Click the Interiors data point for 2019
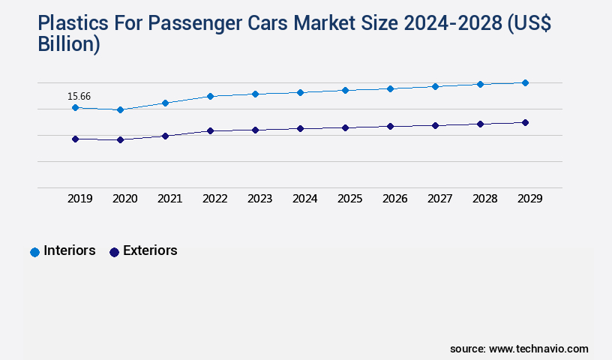pos(75,108)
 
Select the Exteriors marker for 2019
pos(75,139)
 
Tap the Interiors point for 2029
pos(525,82)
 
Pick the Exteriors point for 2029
pos(525,122)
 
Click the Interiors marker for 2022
pos(210,96)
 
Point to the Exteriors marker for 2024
pos(300,128)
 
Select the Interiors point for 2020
pos(120,110)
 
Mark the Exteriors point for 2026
pos(390,126)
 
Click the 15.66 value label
pos(79,96)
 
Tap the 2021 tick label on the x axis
pos(169,199)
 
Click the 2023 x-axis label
pos(259,199)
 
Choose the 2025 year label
pos(349,199)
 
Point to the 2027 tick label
pos(439,199)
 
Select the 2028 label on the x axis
pos(484,199)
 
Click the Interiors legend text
pos(70,251)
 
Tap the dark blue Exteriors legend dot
pos(114,252)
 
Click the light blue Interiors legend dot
pos(34,252)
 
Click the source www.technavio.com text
pos(519,349)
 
